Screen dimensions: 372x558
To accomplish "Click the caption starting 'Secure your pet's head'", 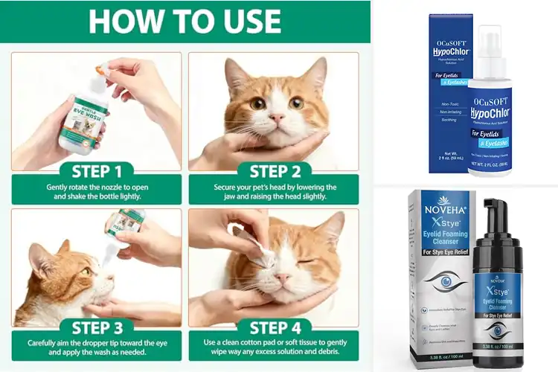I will [x=273, y=193].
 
